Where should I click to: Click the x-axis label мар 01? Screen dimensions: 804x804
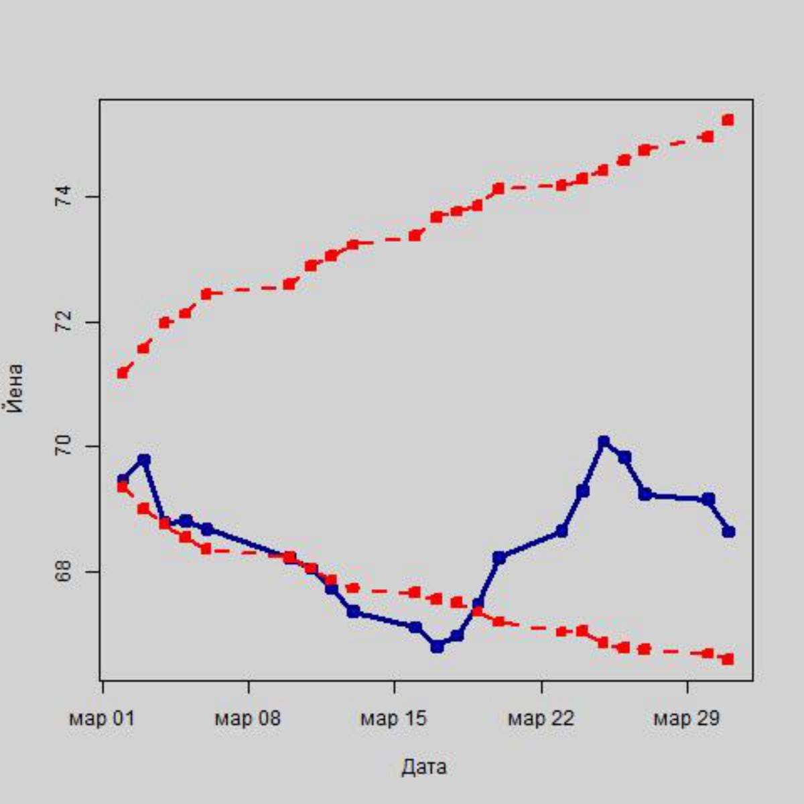(x=102, y=719)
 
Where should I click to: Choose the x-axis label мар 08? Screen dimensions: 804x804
(x=248, y=719)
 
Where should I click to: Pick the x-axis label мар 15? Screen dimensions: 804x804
(x=393, y=719)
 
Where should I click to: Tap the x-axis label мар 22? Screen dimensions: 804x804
(x=541, y=719)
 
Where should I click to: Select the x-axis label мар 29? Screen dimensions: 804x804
(x=686, y=719)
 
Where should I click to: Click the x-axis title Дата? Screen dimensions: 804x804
(x=424, y=766)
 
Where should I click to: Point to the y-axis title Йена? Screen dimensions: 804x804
(x=15, y=389)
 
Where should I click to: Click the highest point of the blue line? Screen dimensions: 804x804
(x=604, y=441)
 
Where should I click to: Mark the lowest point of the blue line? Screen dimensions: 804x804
(x=437, y=647)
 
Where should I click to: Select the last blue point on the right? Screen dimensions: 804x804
(x=729, y=531)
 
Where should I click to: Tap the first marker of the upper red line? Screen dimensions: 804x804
(x=123, y=373)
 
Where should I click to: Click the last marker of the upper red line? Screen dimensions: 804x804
(x=728, y=120)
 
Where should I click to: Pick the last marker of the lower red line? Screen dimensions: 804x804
(x=728, y=659)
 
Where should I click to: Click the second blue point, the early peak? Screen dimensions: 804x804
(x=144, y=460)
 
